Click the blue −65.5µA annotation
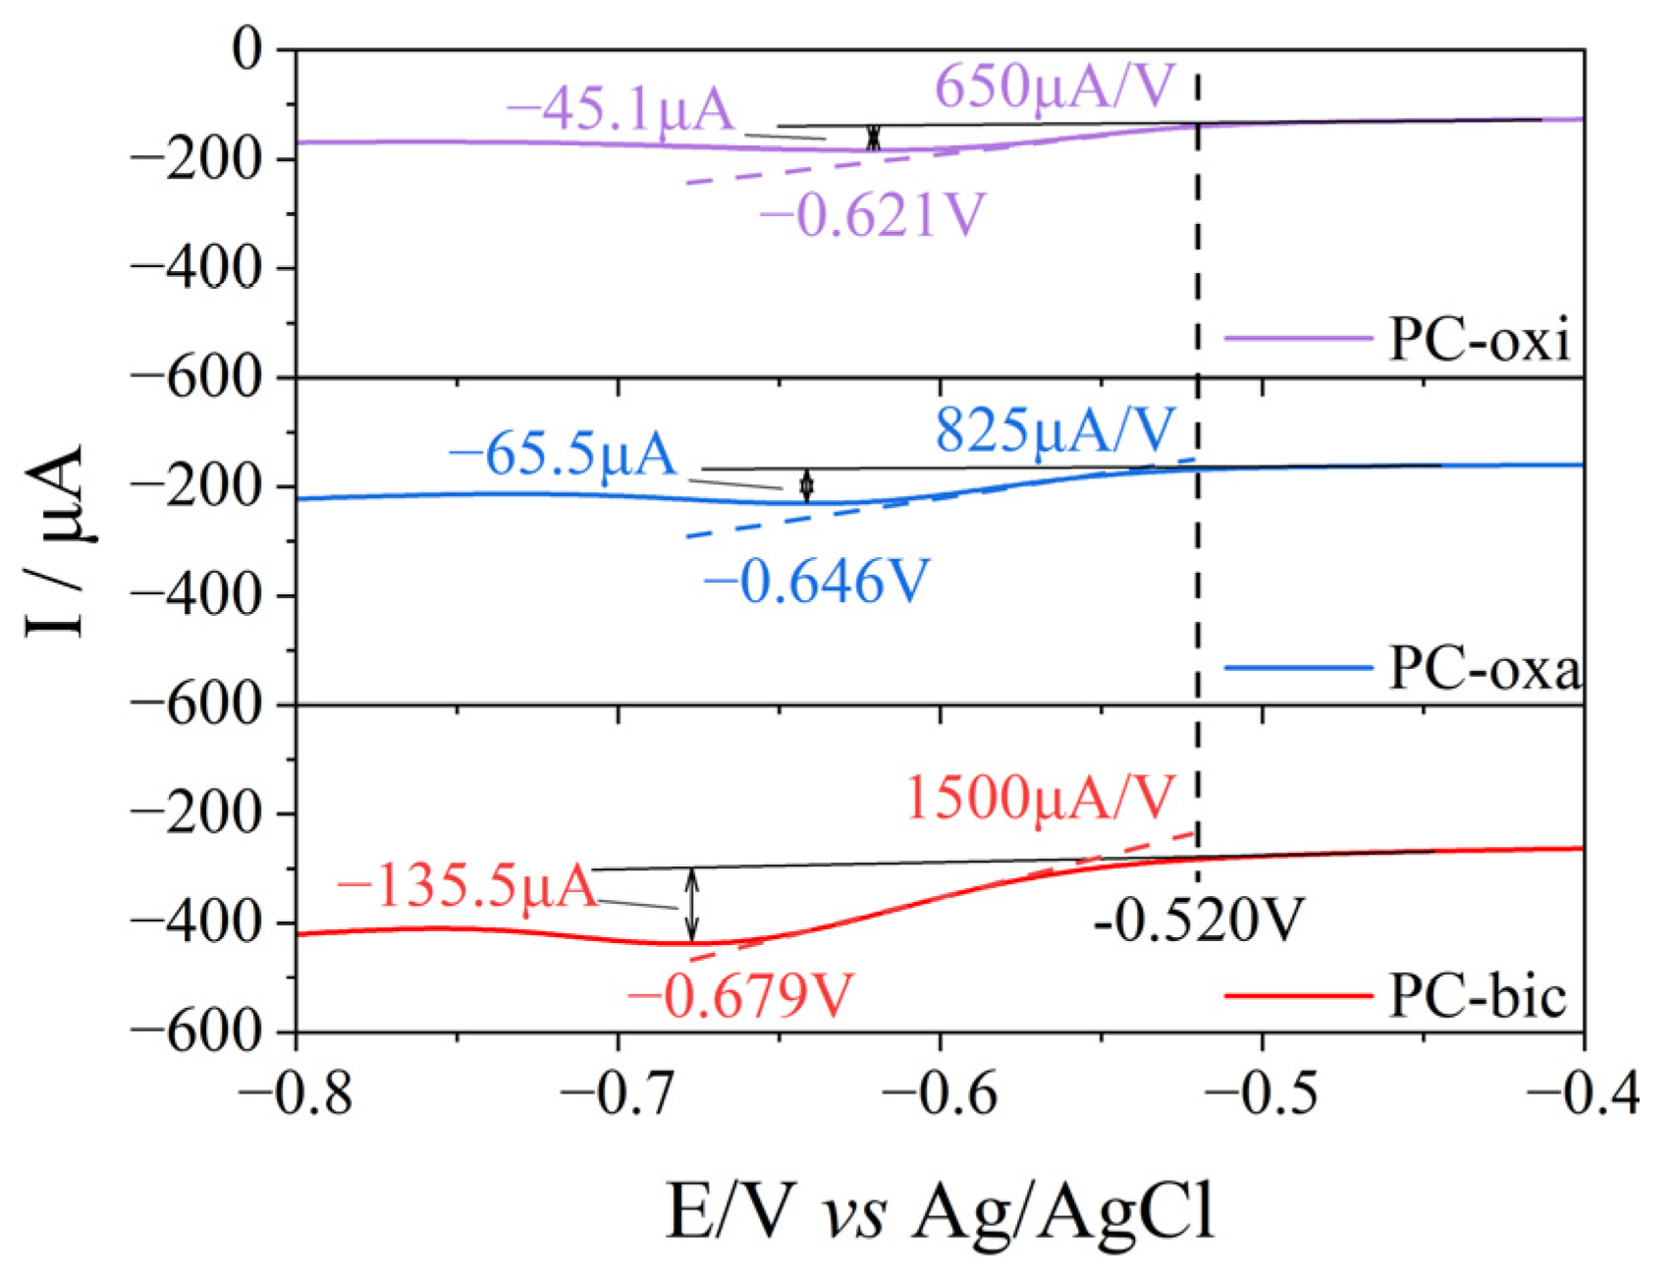[x=564, y=455]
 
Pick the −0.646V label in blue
[x=816, y=583]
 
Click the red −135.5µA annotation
[x=467, y=887]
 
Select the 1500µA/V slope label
[x=1039, y=797]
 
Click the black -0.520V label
[x=1199, y=921]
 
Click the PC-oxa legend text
[x=1483, y=669]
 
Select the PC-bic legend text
[x=1478, y=996]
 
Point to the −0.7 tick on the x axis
[x=618, y=1092]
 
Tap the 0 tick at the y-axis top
[x=247, y=49]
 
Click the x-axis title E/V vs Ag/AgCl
[x=941, y=1210]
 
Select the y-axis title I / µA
[x=56, y=540]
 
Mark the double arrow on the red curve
[x=692, y=904]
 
